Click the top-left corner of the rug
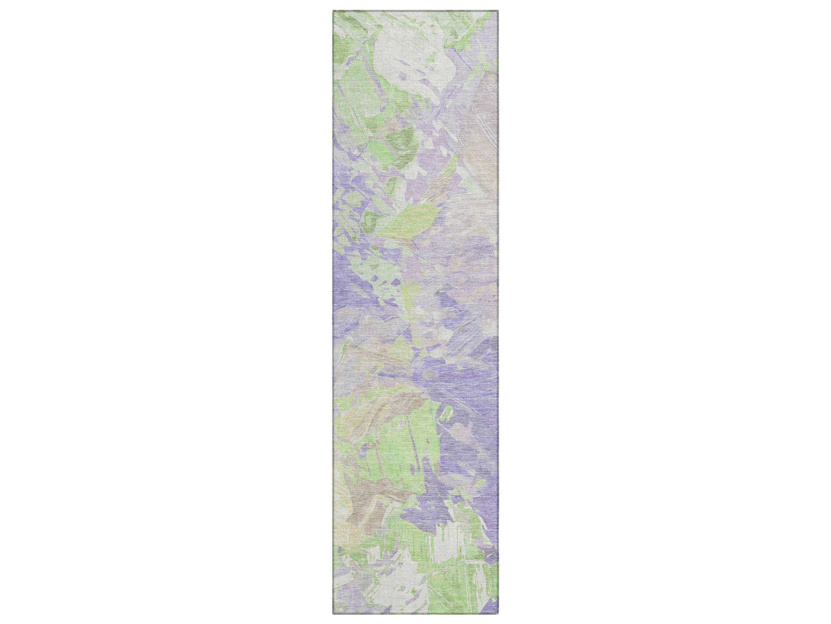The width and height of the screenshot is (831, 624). pos(333,11)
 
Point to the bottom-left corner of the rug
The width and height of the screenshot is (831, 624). pos(333,614)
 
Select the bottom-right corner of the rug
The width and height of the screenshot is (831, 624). pos(498,614)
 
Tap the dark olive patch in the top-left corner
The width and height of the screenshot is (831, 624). pos(344,45)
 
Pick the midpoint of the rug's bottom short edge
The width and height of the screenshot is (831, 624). pos(416,614)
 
